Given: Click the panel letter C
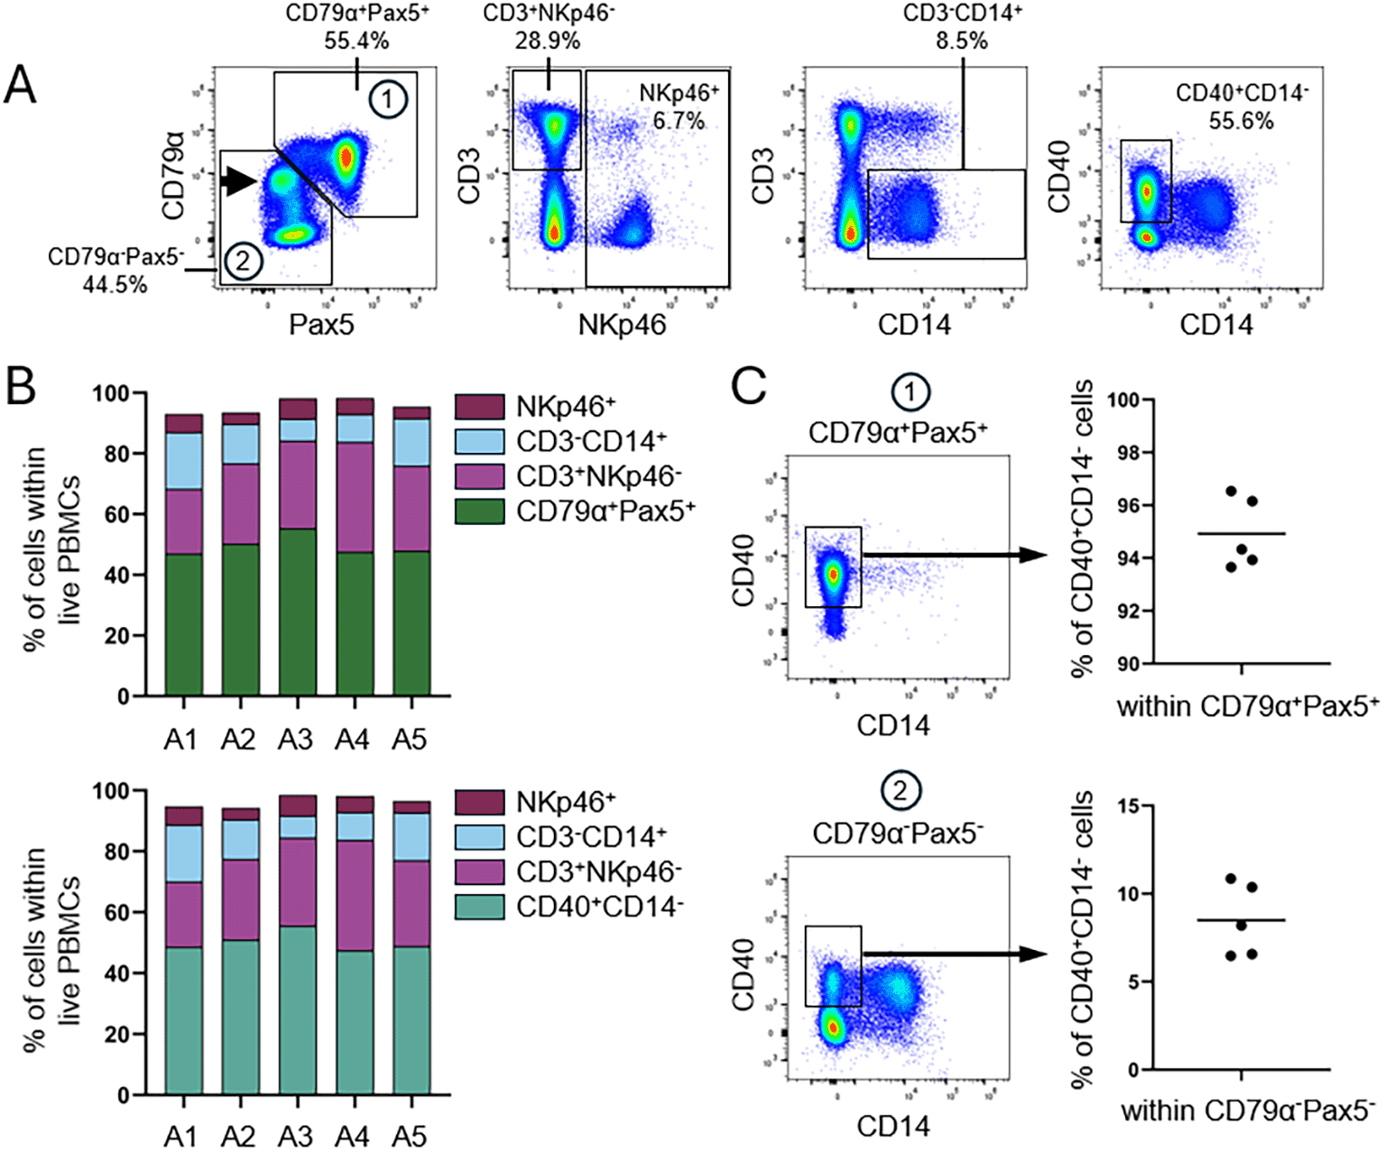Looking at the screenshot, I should (748, 386).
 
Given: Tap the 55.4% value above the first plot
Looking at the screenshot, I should (357, 41).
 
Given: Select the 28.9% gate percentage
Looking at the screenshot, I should (548, 41).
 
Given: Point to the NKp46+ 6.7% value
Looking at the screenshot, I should (679, 120).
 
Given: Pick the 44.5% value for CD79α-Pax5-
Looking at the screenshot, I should (115, 284).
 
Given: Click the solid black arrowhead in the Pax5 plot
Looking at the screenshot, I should (239, 181).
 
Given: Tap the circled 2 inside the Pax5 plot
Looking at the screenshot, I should (242, 263).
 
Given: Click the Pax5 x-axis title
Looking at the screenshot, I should (321, 325).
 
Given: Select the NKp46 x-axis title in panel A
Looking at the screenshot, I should (623, 325).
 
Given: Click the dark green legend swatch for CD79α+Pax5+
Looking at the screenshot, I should (479, 511).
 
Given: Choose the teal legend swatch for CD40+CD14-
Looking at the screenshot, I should (479, 906).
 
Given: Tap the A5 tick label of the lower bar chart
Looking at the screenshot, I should (409, 1136).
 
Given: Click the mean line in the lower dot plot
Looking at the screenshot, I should (1241, 920).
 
